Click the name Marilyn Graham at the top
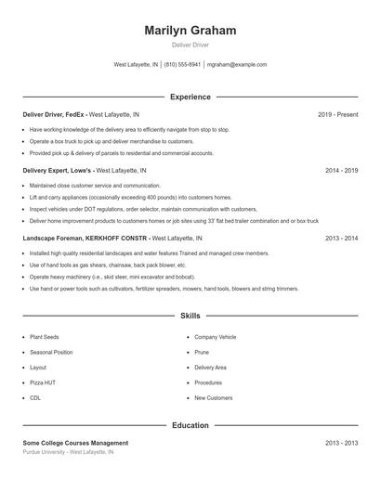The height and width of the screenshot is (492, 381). (x=190, y=31)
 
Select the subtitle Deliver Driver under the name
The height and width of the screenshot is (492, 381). (x=190, y=45)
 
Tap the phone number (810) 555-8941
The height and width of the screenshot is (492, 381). (x=183, y=65)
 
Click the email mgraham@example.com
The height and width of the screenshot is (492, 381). (x=237, y=65)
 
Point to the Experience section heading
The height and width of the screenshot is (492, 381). (x=190, y=97)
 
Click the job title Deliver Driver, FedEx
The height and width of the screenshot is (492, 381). (x=54, y=114)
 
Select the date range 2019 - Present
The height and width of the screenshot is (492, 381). (x=337, y=114)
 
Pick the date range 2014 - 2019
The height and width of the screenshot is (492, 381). (x=341, y=171)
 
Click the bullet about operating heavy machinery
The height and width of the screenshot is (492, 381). (x=112, y=277)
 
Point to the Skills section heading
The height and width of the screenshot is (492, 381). (x=190, y=317)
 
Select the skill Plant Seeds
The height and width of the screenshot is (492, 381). (x=45, y=337)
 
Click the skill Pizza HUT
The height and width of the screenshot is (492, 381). (x=43, y=382)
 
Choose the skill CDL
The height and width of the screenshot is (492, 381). (x=35, y=397)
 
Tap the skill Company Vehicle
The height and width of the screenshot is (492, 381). (x=216, y=337)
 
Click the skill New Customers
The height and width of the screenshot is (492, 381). (x=214, y=397)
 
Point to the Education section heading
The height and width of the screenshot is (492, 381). (x=190, y=425)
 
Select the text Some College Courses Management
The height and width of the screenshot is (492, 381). (x=75, y=443)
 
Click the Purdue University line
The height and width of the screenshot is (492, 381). (x=68, y=452)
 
